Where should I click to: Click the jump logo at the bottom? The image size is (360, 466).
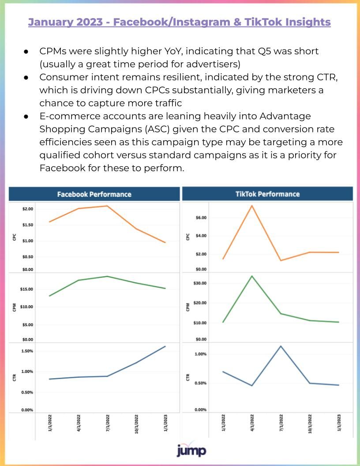pyautogui.click(x=191, y=450)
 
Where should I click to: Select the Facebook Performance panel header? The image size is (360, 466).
pyautogui.click(x=94, y=194)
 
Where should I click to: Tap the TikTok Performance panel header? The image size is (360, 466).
pyautogui.click(x=267, y=194)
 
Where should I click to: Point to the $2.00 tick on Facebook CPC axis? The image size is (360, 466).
pyautogui.click(x=28, y=209)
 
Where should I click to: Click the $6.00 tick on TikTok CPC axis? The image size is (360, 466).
pyautogui.click(x=201, y=218)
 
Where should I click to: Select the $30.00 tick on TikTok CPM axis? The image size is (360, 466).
pyautogui.click(x=200, y=283)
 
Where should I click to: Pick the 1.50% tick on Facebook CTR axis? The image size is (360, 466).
pyautogui.click(x=27, y=351)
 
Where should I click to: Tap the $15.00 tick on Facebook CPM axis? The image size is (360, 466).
pyautogui.click(x=26, y=289)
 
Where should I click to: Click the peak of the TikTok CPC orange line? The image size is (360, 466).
pyautogui.click(x=252, y=206)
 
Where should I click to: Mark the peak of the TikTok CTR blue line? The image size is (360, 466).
pyautogui.click(x=281, y=346)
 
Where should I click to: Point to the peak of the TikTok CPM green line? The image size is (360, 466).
pyautogui.click(x=252, y=276)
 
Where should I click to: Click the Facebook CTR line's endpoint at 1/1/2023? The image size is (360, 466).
pyautogui.click(x=165, y=346)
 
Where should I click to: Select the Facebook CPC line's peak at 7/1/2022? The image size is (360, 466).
pyautogui.click(x=107, y=206)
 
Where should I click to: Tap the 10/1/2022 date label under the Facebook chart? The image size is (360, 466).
pyautogui.click(x=136, y=424)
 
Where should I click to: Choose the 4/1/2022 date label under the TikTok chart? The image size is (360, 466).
pyautogui.click(x=252, y=423)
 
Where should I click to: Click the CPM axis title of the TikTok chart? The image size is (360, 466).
pyautogui.click(x=187, y=307)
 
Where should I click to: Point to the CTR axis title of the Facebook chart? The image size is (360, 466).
pyautogui.click(x=14, y=377)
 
